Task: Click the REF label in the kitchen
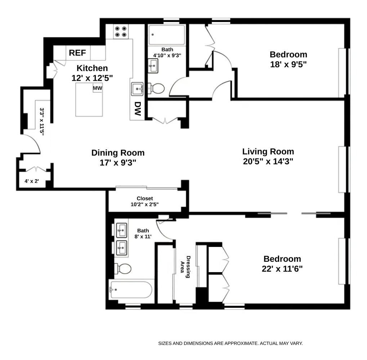[77, 53]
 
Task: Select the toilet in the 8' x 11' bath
[122, 268]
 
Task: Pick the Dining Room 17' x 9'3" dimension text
[118, 163]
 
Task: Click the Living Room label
[268, 151]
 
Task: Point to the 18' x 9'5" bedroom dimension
[288, 64]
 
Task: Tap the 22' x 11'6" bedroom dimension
[282, 269]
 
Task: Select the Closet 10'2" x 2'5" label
[144, 201]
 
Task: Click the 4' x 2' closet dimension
[32, 181]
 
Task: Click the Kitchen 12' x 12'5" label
[92, 73]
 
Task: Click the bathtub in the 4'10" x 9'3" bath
[167, 35]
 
